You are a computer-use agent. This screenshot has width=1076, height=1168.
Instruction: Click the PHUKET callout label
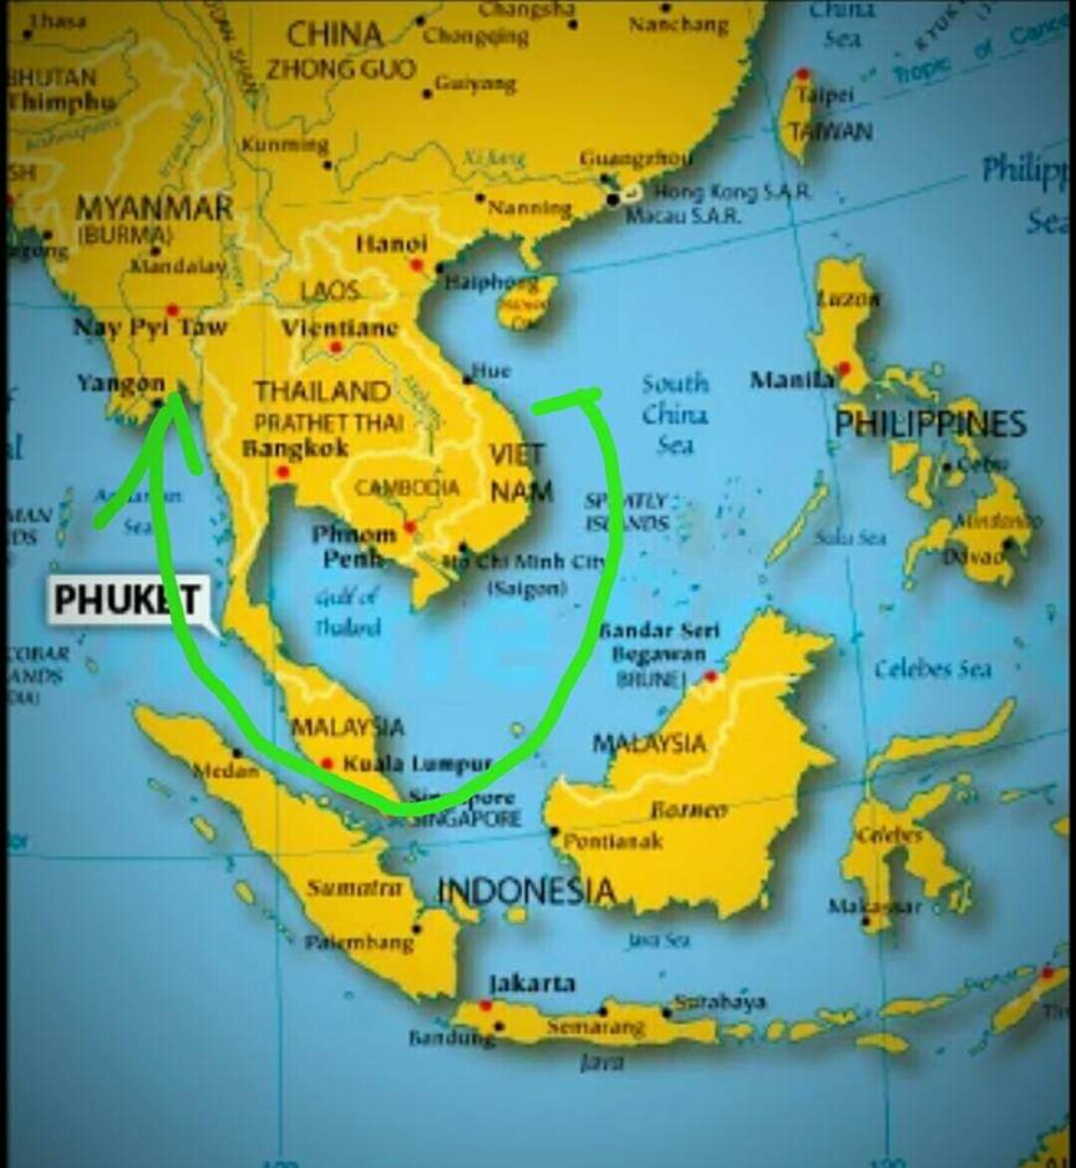[128, 600]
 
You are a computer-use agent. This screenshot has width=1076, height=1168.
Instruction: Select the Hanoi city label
[392, 244]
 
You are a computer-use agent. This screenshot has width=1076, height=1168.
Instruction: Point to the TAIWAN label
[830, 131]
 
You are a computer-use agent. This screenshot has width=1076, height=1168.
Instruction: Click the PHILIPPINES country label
[930, 424]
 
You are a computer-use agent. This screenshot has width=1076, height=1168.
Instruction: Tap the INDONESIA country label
[526, 890]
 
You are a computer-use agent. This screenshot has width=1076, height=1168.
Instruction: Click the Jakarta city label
[532, 983]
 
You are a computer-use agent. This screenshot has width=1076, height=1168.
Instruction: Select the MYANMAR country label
[153, 208]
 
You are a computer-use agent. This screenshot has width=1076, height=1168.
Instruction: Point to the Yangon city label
[121, 383]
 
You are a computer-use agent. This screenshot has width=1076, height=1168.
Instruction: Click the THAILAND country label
[322, 391]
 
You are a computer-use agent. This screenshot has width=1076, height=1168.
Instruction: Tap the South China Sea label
[674, 413]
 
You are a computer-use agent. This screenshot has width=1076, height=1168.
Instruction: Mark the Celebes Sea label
[933, 669]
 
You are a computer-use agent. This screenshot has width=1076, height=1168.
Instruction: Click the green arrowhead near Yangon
[174, 406]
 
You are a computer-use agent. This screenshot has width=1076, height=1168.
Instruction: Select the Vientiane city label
[339, 328]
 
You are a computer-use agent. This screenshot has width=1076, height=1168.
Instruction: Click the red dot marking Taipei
[802, 74]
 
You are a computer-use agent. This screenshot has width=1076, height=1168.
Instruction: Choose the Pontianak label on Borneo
[613, 841]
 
